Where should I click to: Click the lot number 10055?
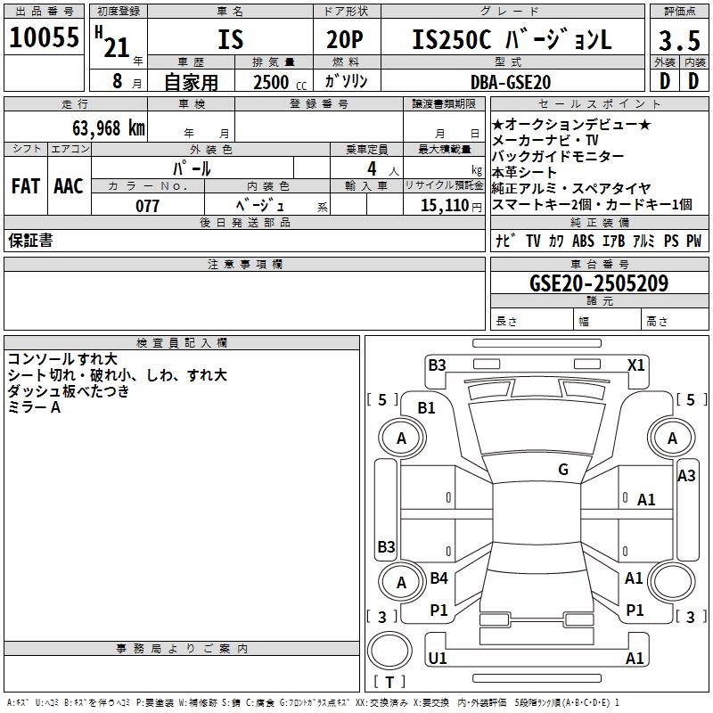44,38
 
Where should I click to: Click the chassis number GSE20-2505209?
599,283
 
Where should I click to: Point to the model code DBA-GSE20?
511,82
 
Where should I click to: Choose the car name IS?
230,40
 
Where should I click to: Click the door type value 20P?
346,40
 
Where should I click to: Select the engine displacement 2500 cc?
274,83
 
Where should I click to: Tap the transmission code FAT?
25,186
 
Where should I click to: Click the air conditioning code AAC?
68,186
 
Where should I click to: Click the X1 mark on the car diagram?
635,365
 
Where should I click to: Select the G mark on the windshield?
563,470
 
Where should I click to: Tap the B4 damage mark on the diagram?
438,578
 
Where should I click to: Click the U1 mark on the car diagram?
437,659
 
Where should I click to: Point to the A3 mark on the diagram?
686,476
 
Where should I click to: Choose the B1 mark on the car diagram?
427,407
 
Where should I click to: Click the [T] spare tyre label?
389,683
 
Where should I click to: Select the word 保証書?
30,240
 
